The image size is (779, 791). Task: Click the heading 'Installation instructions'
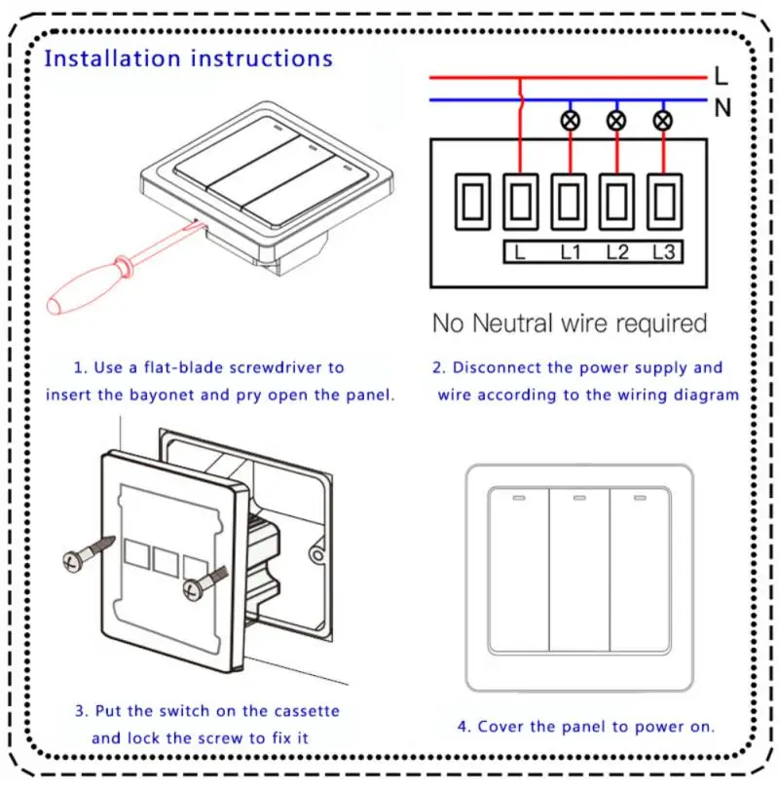[188, 58]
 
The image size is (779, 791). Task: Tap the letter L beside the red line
[721, 76]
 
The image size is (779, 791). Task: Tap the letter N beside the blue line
[722, 108]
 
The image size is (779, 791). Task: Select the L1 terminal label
[570, 252]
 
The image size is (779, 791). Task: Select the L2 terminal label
[616, 252]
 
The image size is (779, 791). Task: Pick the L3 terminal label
[663, 252]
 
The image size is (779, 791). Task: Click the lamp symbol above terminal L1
[569, 121]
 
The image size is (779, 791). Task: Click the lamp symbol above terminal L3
[663, 121]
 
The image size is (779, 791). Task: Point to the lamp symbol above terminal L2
[615, 121]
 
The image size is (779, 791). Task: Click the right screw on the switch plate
[198, 586]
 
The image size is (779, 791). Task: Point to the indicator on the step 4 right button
[640, 499]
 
